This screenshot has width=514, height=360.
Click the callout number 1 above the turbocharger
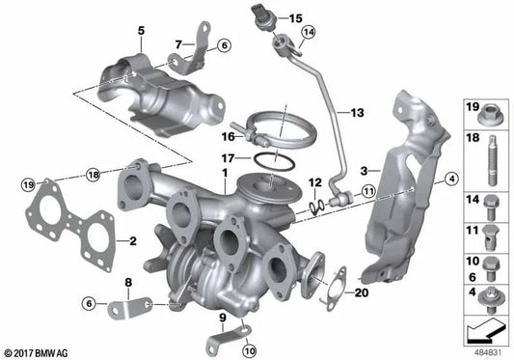pyautogui.click(x=224, y=175)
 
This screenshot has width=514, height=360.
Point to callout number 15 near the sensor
pyautogui.click(x=295, y=17)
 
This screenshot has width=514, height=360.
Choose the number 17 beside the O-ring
pyautogui.click(x=228, y=156)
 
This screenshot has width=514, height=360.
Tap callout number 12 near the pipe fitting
pyautogui.click(x=314, y=182)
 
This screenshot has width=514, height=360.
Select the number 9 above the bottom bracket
pyautogui.click(x=222, y=317)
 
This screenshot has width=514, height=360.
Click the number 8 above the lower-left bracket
pyautogui.click(x=127, y=281)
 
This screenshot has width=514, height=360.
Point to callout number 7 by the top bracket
pyautogui.click(x=178, y=42)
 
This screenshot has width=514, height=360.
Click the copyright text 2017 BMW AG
pyautogui.click(x=36, y=352)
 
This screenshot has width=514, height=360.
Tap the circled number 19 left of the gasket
pyautogui.click(x=27, y=182)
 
